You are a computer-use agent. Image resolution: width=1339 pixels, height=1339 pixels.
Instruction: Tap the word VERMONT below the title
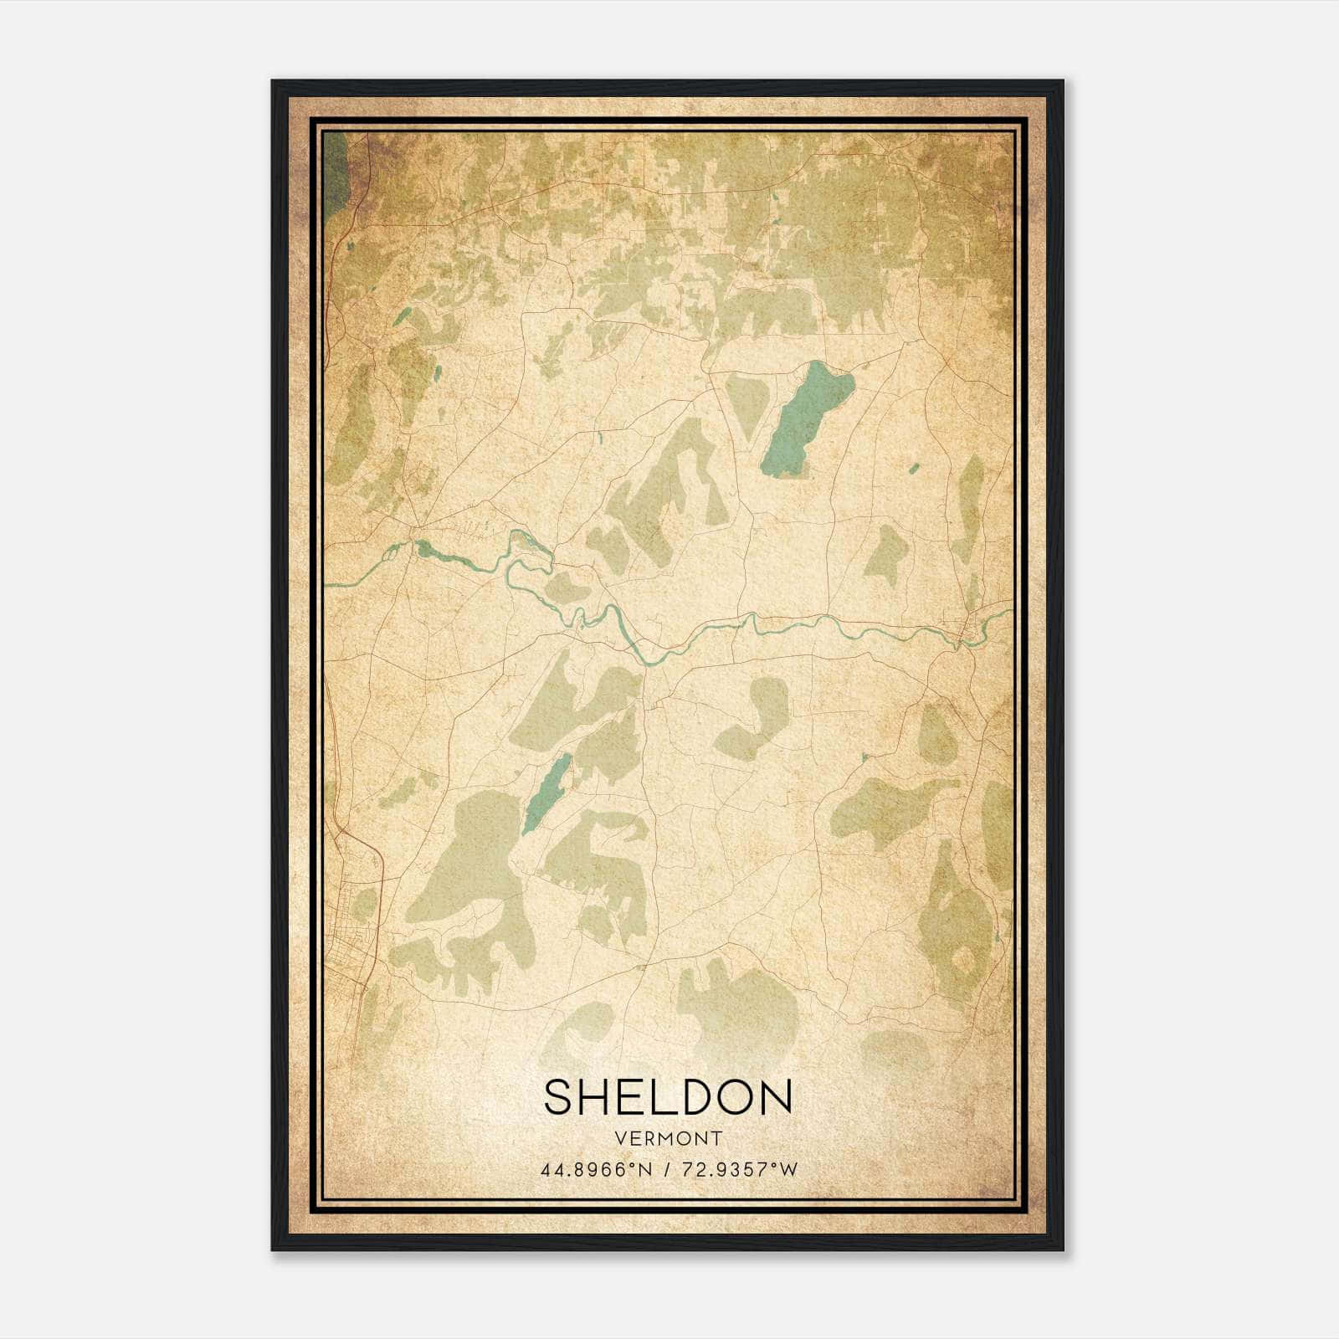[668, 1138]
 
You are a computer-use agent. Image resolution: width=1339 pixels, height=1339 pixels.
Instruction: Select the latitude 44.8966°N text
[596, 1169]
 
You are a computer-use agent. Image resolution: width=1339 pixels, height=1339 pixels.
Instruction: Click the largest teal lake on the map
[806, 418]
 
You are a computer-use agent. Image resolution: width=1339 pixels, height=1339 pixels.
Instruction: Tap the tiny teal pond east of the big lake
[914, 468]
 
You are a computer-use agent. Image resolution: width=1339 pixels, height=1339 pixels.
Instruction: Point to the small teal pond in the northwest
[403, 316]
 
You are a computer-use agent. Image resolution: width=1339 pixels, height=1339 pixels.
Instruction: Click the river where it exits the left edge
[329, 584]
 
